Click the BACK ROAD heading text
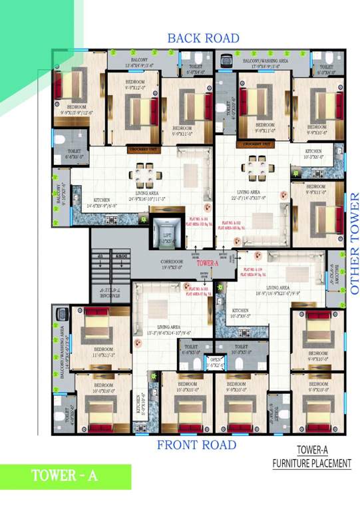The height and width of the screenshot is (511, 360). click(x=203, y=38)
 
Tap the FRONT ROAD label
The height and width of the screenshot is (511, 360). click(x=196, y=444)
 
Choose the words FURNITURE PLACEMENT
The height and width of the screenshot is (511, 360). click(x=311, y=464)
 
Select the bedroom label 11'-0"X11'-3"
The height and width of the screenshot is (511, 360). click(x=104, y=351)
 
